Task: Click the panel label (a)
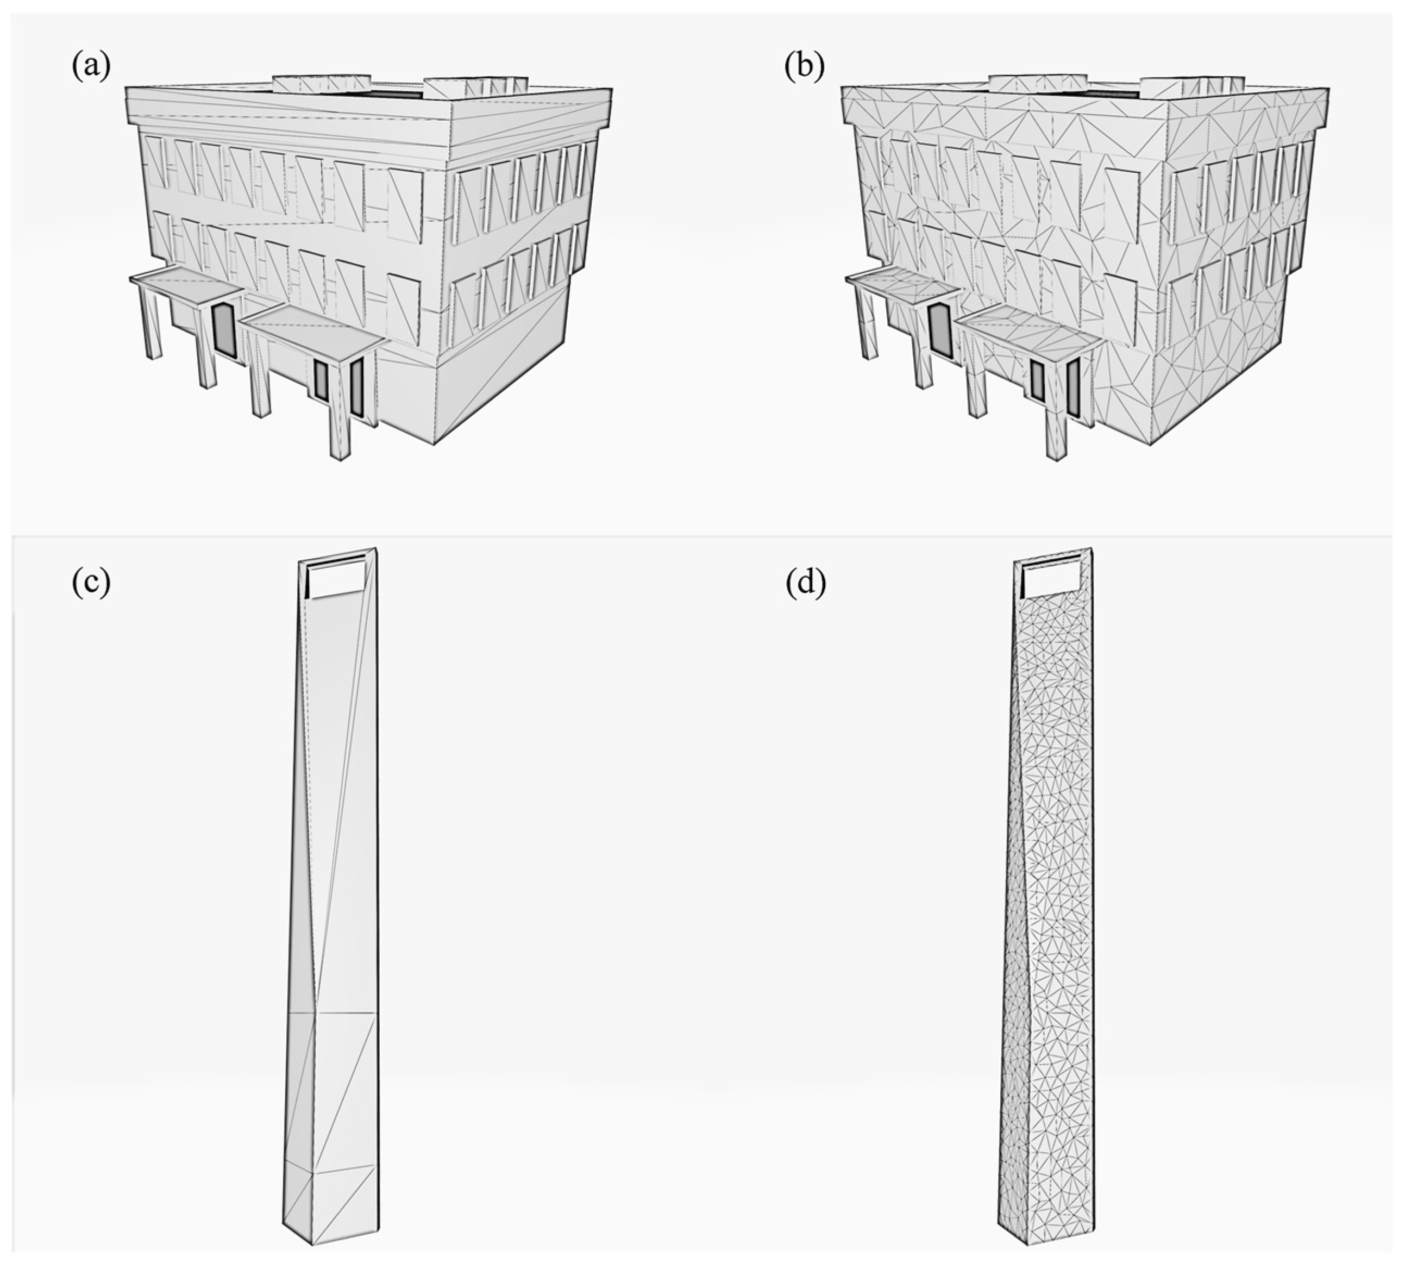91,67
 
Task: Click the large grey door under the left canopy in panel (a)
224,331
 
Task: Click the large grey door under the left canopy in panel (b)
939,331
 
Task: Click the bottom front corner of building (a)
434,443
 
